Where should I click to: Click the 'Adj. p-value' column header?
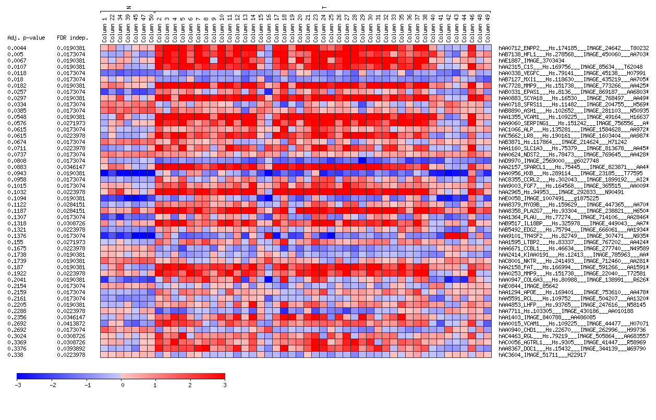coord(26,38)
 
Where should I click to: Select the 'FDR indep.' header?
coord(72,38)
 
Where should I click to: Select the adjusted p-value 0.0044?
coord(16,48)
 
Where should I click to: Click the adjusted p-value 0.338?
coord(15,355)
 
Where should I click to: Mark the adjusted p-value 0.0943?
coord(16,173)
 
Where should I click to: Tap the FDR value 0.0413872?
coord(71,323)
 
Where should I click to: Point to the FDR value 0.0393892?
coord(71,349)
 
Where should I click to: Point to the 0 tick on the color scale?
coord(122,385)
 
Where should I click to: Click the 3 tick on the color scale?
coord(225,385)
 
